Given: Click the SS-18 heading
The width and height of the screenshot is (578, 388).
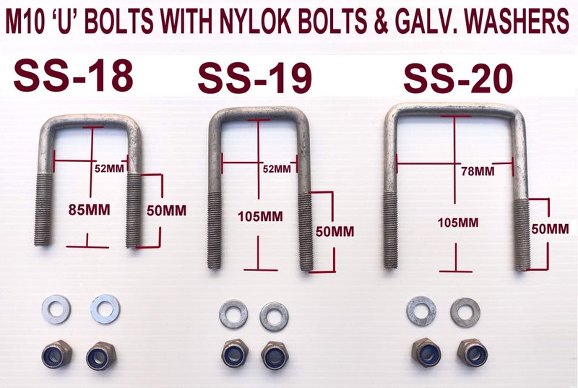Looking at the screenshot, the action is click(x=74, y=77).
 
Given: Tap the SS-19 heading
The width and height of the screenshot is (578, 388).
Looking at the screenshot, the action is click(x=255, y=79).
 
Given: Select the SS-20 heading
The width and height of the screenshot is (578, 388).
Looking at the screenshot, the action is click(x=458, y=79).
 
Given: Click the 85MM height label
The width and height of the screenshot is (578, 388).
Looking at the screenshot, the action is click(x=89, y=210).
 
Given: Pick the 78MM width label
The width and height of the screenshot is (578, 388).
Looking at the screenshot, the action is click(x=478, y=171).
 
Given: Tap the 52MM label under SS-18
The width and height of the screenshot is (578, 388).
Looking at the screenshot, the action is click(x=109, y=168).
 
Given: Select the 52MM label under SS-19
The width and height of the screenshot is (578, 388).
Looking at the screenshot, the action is click(x=277, y=169).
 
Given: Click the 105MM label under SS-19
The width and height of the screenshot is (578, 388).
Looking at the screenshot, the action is click(x=260, y=216).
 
